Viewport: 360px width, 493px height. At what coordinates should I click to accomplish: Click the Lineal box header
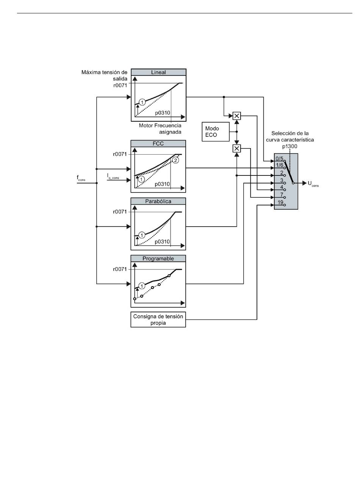point(158,72)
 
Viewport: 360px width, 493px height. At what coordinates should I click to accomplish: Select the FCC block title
point(158,144)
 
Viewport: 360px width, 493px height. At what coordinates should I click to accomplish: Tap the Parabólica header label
point(158,201)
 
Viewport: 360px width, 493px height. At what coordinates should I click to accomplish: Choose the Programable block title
point(158,258)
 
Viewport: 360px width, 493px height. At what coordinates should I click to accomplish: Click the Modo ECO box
point(216,131)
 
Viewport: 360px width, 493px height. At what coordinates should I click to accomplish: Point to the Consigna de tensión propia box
point(158,319)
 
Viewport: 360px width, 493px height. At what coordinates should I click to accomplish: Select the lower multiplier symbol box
point(237,149)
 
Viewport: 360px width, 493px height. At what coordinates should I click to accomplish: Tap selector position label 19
point(280,202)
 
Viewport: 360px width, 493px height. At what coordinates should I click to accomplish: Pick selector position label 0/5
point(279,158)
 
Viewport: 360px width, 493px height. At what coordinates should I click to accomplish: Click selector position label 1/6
point(279,165)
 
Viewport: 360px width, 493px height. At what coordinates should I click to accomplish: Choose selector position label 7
point(282,194)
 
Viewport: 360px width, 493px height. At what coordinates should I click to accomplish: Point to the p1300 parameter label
point(290,146)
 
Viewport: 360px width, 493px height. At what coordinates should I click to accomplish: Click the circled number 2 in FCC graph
point(175,160)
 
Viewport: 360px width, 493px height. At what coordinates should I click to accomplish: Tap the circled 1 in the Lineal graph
point(142,102)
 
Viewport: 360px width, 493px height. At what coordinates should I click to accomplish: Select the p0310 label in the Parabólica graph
point(162,242)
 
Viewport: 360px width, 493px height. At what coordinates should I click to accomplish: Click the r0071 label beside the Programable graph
point(120,269)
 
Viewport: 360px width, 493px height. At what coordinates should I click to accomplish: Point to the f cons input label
point(81,178)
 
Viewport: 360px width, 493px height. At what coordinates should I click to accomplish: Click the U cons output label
point(313,183)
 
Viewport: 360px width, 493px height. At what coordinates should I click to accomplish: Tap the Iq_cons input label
point(113,176)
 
